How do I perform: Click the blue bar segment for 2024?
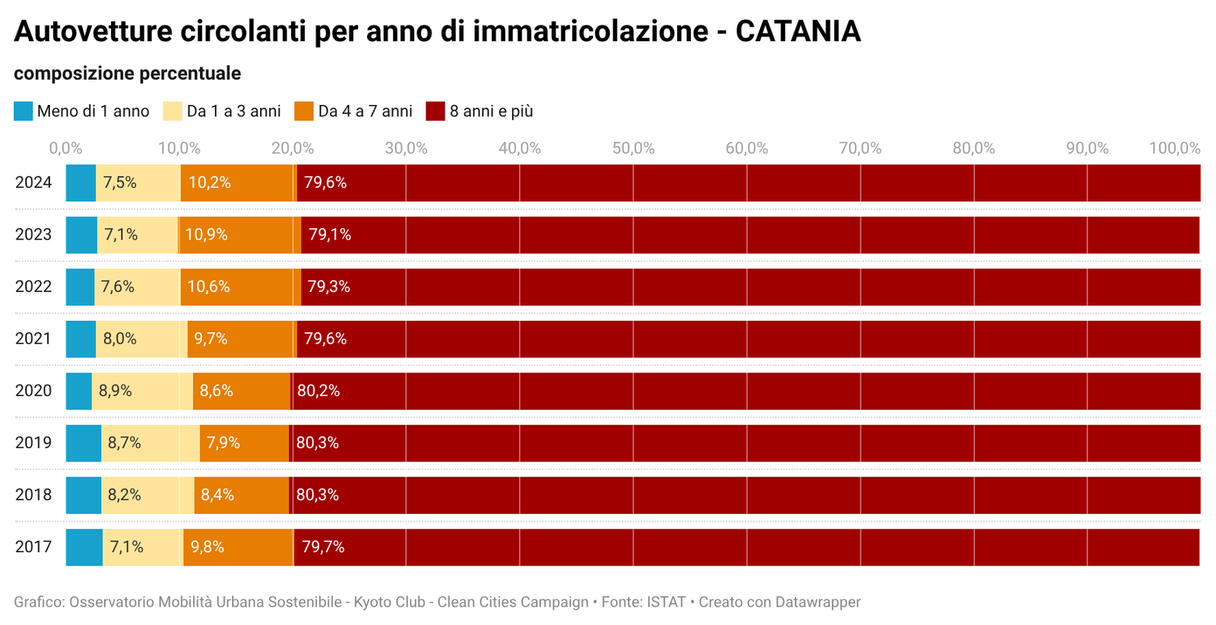[x=81, y=183]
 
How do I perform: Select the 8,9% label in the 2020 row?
[x=116, y=391]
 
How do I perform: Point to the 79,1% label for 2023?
[x=330, y=235]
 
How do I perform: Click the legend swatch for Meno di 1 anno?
[x=24, y=111]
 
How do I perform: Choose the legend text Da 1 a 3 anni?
[x=233, y=111]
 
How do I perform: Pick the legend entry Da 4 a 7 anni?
[x=365, y=111]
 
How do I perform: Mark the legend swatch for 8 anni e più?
[x=435, y=111]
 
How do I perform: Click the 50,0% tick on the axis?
[x=633, y=148]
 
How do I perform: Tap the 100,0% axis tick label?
[x=1174, y=148]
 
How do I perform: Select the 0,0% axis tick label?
[x=65, y=148]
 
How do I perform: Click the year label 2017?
[x=33, y=547]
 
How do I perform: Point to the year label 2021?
[x=33, y=339]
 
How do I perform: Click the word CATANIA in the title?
[x=798, y=32]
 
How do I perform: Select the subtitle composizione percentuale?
[x=127, y=74]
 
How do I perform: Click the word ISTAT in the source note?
[x=666, y=602]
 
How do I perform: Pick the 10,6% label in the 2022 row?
[x=208, y=287]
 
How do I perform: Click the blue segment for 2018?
[x=84, y=495]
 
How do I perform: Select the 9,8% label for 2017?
[x=207, y=547]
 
